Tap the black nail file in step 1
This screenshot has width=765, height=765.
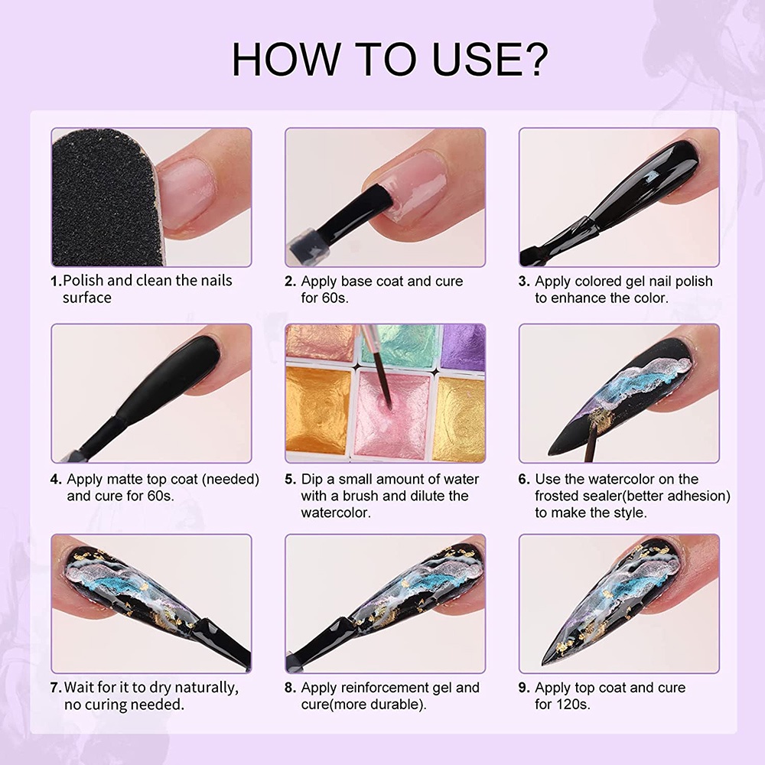(99, 197)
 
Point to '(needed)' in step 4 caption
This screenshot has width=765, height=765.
(226, 480)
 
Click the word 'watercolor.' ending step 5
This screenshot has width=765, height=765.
(336, 513)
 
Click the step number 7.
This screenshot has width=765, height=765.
(56, 688)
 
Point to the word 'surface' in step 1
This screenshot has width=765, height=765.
(86, 298)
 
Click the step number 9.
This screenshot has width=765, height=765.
(524, 688)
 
